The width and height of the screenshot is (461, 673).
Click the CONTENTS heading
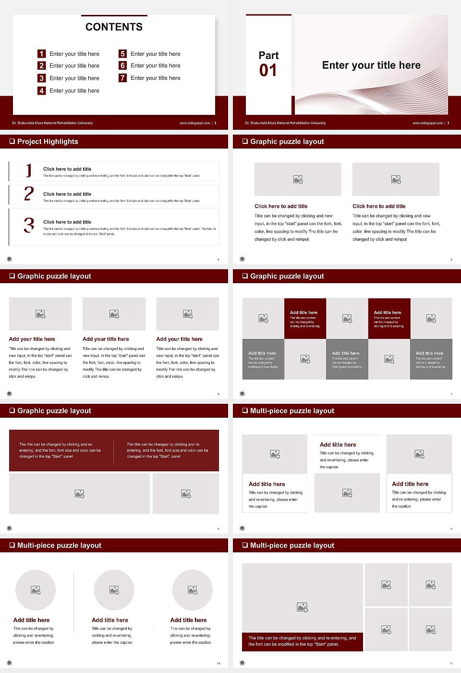click(114, 27)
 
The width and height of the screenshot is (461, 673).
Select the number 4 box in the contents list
click(42, 90)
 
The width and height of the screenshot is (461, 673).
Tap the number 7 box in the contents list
click(123, 78)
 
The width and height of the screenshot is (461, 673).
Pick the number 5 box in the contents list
click(123, 54)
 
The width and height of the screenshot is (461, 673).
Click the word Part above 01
click(268, 55)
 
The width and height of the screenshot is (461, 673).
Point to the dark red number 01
click(268, 71)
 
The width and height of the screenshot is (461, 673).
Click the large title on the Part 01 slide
click(371, 65)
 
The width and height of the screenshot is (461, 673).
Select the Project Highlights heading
click(47, 141)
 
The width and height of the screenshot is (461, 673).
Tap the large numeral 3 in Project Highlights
click(29, 225)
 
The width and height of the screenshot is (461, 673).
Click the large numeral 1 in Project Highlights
click(29, 170)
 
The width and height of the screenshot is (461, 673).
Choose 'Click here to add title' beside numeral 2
click(67, 194)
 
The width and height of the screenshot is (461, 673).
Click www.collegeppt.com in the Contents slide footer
click(194, 123)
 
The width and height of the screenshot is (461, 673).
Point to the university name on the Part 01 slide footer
click(285, 123)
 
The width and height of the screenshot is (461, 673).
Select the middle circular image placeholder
click(114, 590)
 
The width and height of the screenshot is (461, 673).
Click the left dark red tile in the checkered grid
click(305, 318)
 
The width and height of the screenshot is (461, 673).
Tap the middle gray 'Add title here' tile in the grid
click(347, 359)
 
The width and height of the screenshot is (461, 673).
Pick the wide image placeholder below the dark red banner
click(80, 494)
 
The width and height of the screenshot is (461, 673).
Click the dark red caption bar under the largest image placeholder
click(302, 641)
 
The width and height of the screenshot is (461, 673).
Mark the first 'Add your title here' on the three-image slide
click(32, 339)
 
